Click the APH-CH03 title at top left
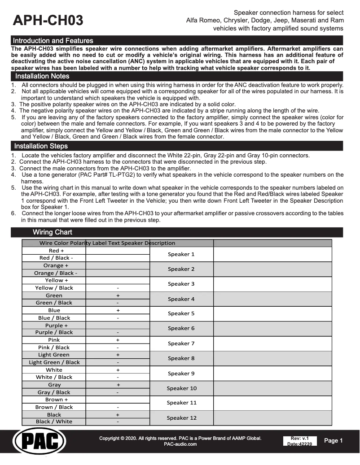click(x=48, y=20)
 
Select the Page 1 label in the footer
click(x=334, y=441)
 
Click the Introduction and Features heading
click(x=53, y=41)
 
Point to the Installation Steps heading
click(x=41, y=146)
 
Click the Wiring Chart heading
click(x=52, y=232)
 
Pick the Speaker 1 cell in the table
click(x=181, y=254)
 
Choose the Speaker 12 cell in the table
click(x=181, y=418)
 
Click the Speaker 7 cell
click(x=181, y=343)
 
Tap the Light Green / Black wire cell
click(x=54, y=362)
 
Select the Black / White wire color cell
click(x=54, y=422)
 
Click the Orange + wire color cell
click(x=54, y=265)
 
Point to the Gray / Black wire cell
click(x=54, y=392)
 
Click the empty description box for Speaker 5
click(x=272, y=313)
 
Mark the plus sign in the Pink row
click(x=118, y=340)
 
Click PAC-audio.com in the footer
click(x=180, y=444)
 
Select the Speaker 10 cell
click(x=181, y=388)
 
